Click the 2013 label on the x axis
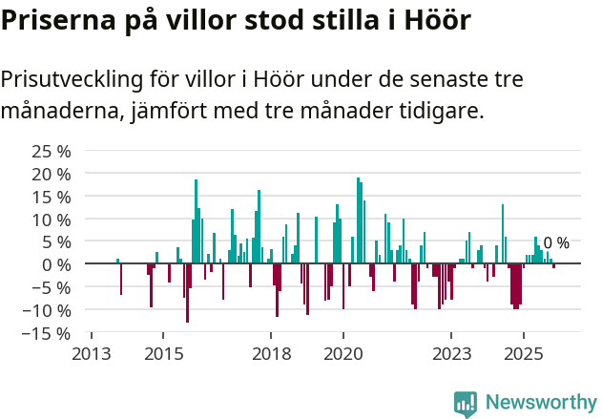[x=92, y=354]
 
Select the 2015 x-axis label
[x=163, y=354]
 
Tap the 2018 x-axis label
[x=271, y=354]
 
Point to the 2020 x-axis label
[x=343, y=354]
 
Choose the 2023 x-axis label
[x=451, y=354]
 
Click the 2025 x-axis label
[x=524, y=354]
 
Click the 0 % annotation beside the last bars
[x=556, y=243]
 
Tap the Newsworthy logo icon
[x=466, y=404]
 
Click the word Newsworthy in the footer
[x=541, y=403]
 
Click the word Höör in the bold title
[x=434, y=20]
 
